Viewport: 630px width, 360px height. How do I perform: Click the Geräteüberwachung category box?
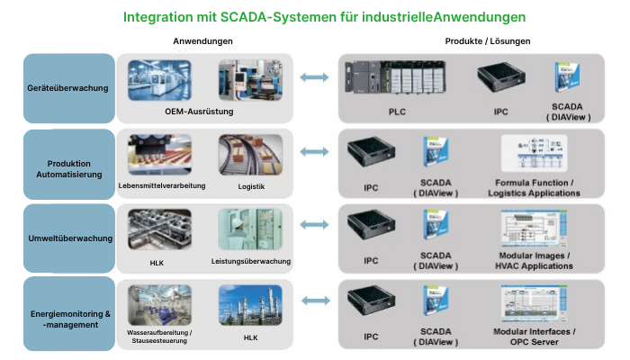point(69,88)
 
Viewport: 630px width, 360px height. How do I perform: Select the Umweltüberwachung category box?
point(69,238)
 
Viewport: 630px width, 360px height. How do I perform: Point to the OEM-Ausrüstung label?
point(199,111)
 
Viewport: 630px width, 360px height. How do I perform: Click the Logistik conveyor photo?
point(251,154)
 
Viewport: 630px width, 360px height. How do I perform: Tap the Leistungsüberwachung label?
point(251,262)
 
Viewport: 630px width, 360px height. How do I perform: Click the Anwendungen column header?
point(203,41)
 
